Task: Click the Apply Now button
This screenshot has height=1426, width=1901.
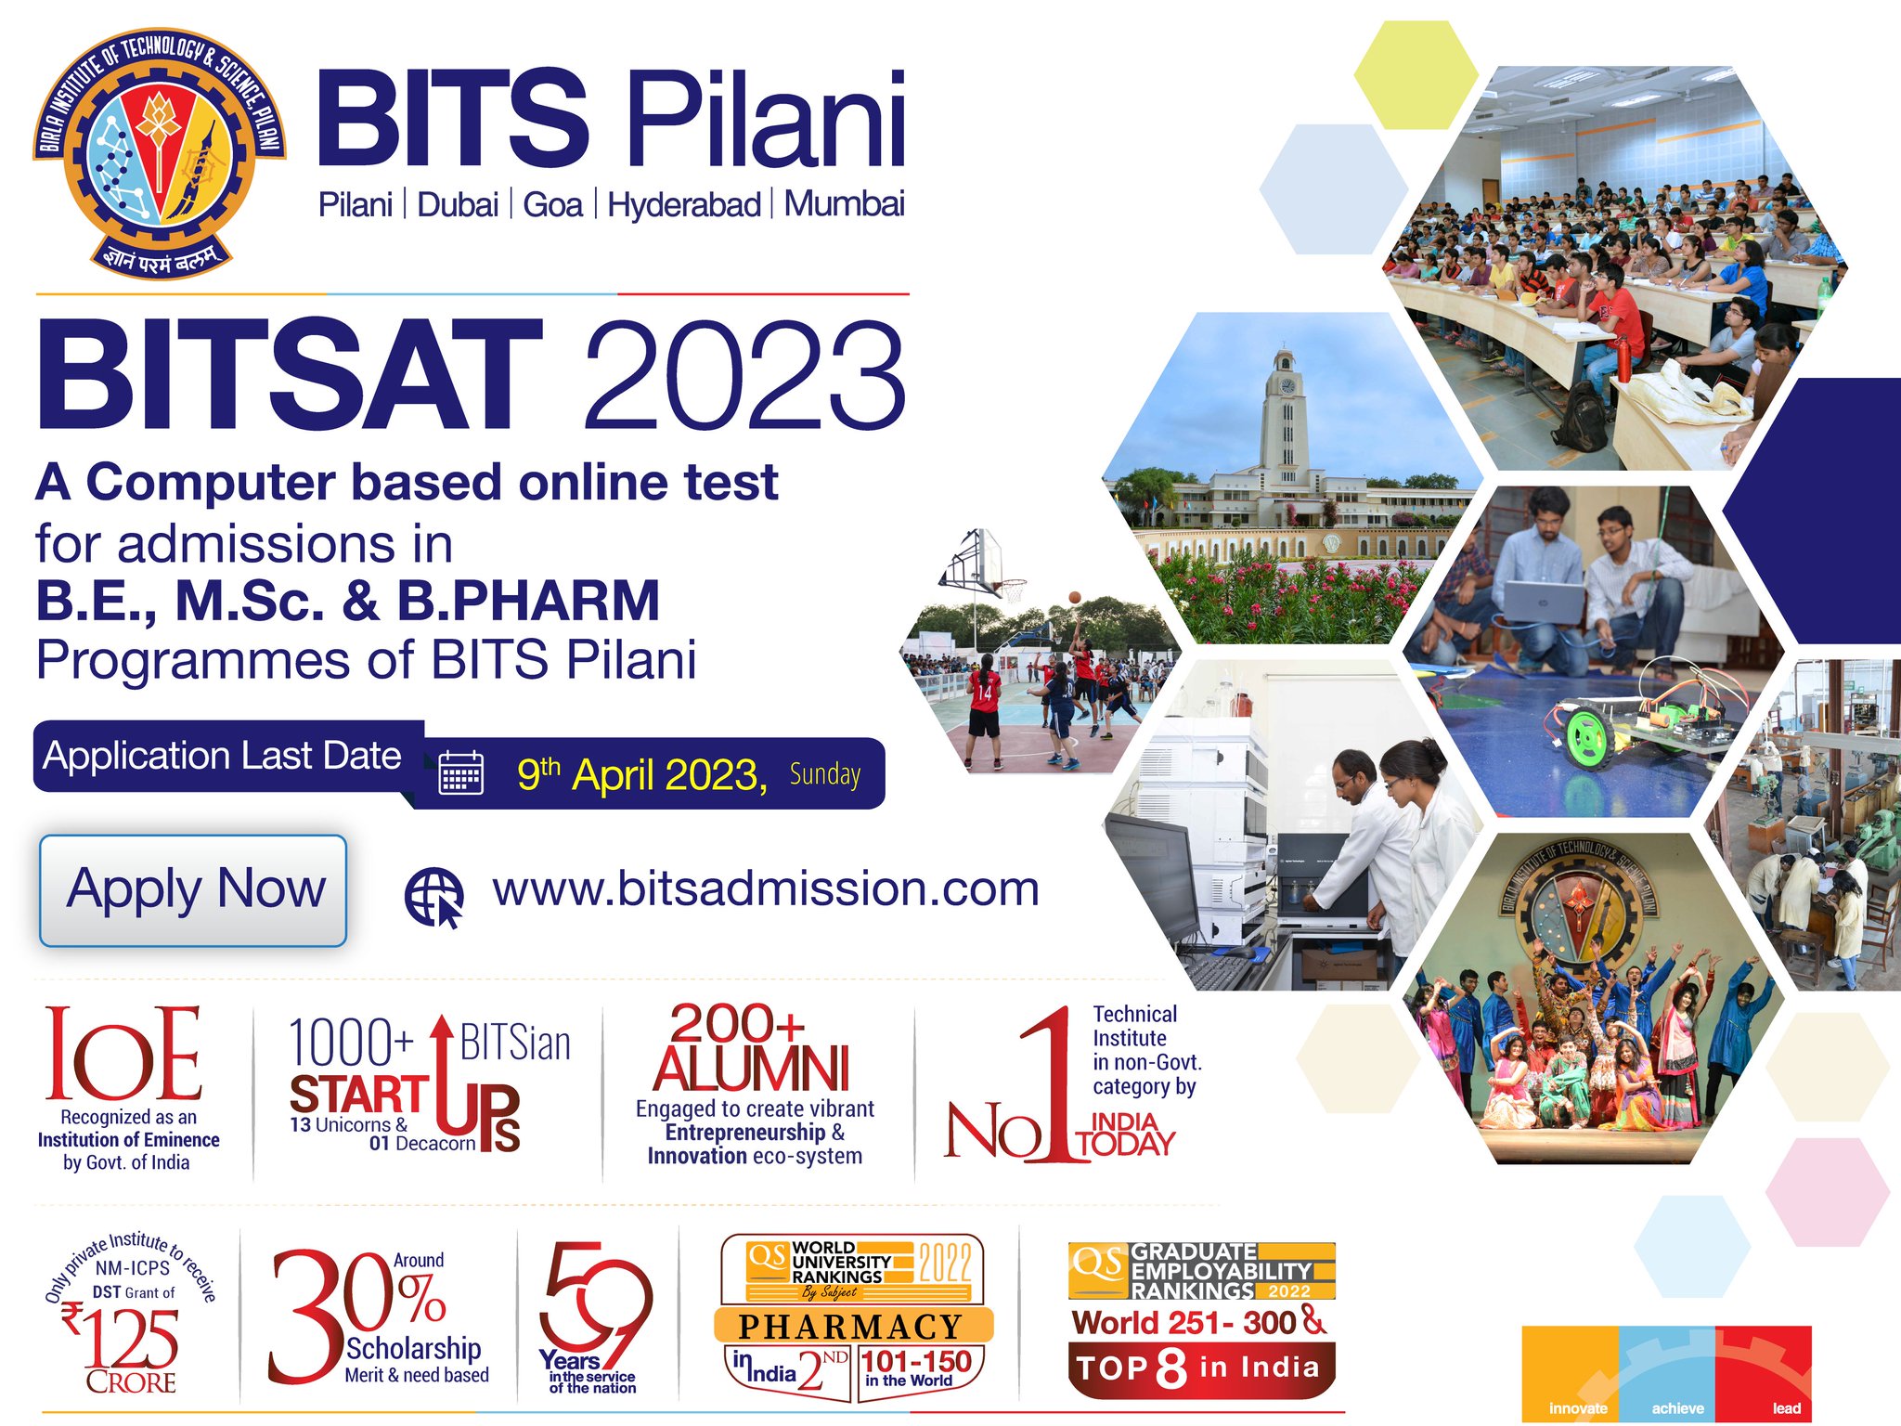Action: [x=193, y=889]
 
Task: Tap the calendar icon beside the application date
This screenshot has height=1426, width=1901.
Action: [x=460, y=772]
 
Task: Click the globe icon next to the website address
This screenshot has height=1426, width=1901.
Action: [x=433, y=897]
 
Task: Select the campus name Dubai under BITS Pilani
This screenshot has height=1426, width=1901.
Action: [x=458, y=204]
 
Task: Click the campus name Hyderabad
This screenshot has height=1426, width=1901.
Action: [x=683, y=204]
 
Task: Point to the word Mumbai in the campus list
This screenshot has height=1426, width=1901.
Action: [x=844, y=204]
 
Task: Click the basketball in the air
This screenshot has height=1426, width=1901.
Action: [x=1074, y=597]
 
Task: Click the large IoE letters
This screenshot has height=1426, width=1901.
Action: [x=123, y=1054]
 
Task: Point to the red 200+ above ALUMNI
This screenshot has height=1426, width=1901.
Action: [x=737, y=1024]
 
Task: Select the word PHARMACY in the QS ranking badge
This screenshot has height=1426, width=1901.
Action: [x=850, y=1326]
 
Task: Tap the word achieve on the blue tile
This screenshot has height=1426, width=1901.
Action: [x=1677, y=1408]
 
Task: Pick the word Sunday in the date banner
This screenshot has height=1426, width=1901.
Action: [x=825, y=774]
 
